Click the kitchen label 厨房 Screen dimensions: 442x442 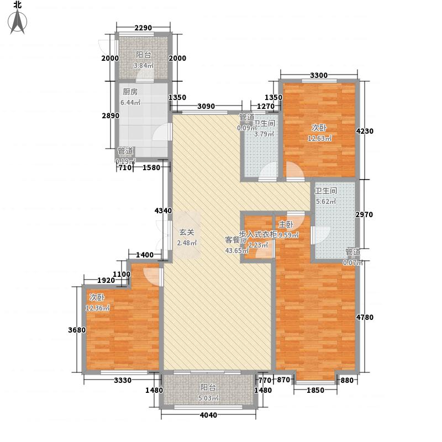(130, 93)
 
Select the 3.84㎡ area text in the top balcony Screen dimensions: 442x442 (144, 66)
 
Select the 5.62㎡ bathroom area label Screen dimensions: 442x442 (325, 202)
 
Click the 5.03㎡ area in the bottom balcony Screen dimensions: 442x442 (209, 398)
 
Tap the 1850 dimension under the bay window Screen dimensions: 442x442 (315, 391)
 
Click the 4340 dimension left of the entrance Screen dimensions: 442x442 (163, 211)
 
